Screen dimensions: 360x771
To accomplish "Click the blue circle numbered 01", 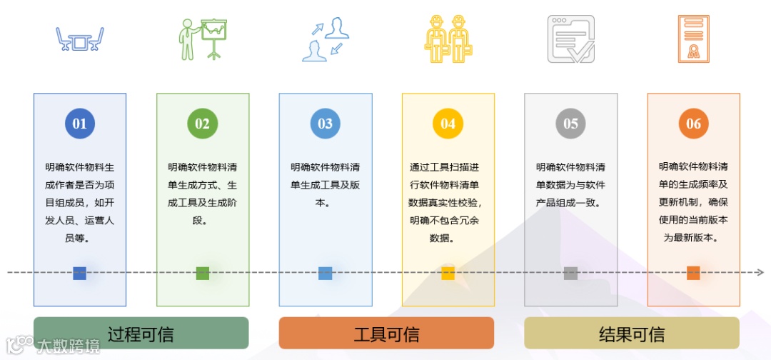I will click(x=79, y=124).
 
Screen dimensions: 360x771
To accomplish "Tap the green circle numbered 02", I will click(x=202, y=124).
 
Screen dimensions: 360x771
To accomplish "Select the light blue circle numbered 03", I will click(x=325, y=124).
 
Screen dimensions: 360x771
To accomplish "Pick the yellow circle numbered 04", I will click(x=448, y=124).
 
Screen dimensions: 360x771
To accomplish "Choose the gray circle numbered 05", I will click(x=570, y=124).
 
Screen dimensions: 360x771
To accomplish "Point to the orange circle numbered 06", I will click(x=693, y=124).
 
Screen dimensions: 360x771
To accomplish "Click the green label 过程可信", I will click(x=141, y=334).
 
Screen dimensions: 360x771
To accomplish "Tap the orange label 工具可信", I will click(x=386, y=334).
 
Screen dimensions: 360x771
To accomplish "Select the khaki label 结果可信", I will click(x=632, y=334).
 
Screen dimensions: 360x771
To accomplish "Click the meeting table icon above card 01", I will click(x=80, y=39).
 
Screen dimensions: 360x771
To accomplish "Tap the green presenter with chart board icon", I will click(x=203, y=39).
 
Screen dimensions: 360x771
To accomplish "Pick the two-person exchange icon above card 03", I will click(x=325, y=39).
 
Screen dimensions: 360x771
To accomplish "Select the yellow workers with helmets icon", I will click(x=448, y=39).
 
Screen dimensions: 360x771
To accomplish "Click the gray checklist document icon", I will click(x=570, y=39).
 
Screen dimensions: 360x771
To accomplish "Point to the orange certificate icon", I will click(x=693, y=39).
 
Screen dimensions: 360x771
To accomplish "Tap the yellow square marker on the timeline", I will click(x=448, y=273).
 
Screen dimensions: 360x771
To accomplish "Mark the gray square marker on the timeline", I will click(x=570, y=273).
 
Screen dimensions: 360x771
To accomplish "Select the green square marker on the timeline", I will click(x=202, y=273).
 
